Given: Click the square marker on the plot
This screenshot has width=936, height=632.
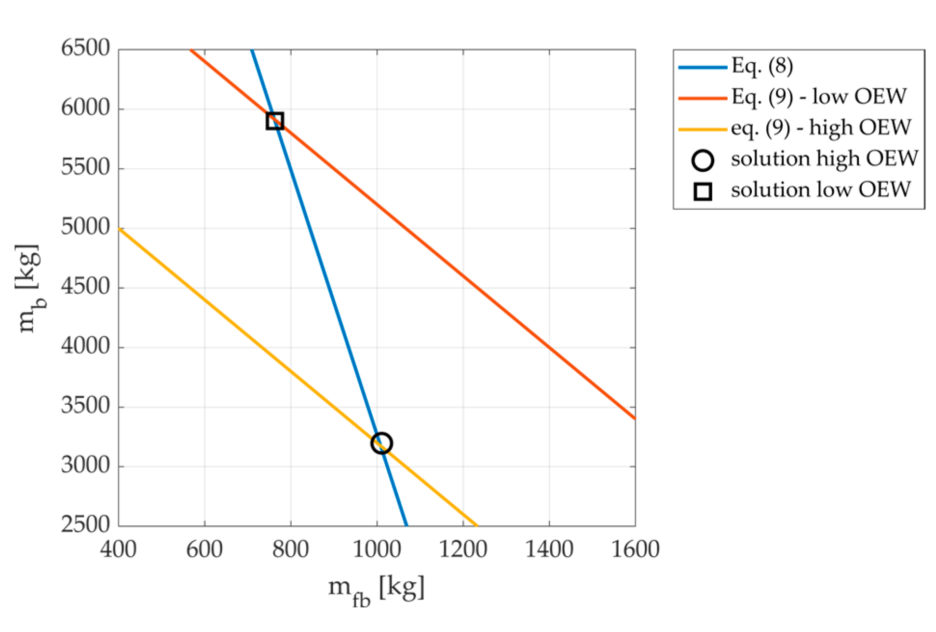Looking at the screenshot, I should click(x=274, y=121).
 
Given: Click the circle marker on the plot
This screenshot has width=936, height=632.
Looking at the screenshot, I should click(x=381, y=442).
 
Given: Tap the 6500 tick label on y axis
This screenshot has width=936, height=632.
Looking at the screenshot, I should click(x=85, y=48).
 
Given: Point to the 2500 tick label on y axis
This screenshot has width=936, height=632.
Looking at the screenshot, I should click(x=85, y=524).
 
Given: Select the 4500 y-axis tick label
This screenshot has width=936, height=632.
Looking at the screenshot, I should click(x=85, y=287).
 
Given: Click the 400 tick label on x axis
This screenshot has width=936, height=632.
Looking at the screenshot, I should click(x=118, y=550).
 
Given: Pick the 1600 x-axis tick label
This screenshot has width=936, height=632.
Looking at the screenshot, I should click(x=635, y=550).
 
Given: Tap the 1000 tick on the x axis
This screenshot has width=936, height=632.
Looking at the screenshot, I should click(x=377, y=550).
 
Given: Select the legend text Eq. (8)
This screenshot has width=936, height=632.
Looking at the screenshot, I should click(x=762, y=66).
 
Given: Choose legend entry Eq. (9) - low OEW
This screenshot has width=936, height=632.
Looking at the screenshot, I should click(x=819, y=97).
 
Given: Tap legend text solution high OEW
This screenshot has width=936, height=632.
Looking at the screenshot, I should click(x=824, y=159).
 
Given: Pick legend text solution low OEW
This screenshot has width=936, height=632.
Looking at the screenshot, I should click(x=820, y=190).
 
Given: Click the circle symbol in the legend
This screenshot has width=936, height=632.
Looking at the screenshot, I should click(x=703, y=160).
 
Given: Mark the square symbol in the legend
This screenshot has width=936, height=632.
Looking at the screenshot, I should click(x=703, y=192).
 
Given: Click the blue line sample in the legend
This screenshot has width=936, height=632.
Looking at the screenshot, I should click(x=703, y=67).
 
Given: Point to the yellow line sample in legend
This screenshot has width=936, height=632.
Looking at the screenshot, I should click(x=703, y=129).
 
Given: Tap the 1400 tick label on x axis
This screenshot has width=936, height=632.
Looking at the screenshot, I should click(x=549, y=550).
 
